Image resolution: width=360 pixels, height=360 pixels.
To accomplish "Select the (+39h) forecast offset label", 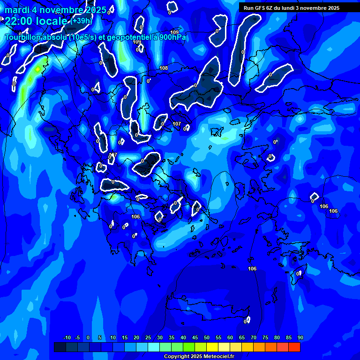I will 82,21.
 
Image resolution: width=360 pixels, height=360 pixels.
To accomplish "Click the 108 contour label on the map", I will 164,68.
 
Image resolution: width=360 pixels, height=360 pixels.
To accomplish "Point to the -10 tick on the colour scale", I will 67,337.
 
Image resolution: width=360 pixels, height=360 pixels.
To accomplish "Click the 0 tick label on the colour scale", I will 88,337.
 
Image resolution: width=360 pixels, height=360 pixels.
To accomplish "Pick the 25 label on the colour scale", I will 148,337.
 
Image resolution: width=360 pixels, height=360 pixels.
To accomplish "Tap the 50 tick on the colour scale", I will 207,337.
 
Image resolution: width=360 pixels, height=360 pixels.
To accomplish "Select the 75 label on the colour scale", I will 265,337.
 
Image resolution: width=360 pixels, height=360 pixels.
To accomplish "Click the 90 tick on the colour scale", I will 300,337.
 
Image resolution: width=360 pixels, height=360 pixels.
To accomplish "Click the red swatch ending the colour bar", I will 294,347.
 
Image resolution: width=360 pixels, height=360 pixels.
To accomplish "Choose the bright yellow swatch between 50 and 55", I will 212,347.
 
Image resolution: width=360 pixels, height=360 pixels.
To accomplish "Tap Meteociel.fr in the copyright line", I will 217,357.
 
